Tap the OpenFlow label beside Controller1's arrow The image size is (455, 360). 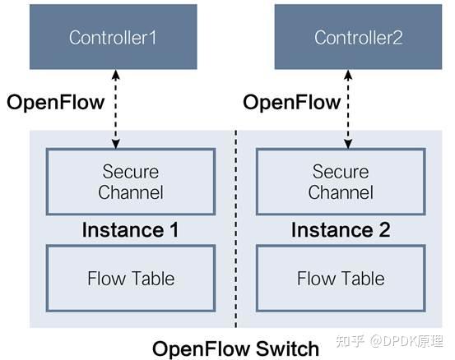[54, 103]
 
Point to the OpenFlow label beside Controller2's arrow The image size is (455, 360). [291, 103]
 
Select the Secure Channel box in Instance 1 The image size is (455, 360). [131, 182]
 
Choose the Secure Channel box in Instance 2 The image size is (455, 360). [341, 182]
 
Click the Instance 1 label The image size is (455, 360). [130, 230]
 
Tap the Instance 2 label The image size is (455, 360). [340, 230]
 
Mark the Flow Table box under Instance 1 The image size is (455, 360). [131, 278]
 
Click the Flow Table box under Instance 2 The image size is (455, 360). [341, 278]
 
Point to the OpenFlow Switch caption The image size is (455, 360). [236, 348]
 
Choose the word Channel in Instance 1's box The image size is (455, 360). [131, 193]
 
